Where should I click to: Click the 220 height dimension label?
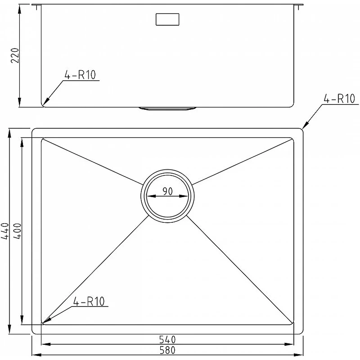[15, 55]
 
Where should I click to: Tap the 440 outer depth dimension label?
[5, 231]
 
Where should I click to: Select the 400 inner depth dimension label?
[17, 231]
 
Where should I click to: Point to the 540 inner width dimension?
[167, 339]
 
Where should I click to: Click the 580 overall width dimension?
[167, 350]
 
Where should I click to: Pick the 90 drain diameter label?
[167, 191]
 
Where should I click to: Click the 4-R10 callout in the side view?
[80, 75]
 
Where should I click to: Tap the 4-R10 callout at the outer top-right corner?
[339, 99]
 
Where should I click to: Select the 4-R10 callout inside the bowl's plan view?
[89, 301]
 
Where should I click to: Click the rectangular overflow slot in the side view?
[167, 19]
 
